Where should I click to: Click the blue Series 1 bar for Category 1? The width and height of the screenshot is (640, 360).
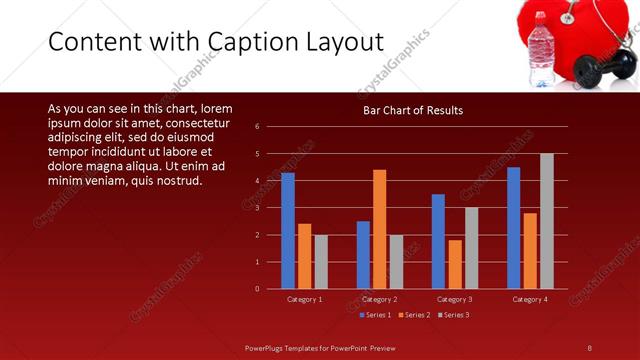[288, 231]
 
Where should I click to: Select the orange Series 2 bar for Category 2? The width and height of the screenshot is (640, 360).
[379, 229]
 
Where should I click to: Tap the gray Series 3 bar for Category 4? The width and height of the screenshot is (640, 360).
[546, 221]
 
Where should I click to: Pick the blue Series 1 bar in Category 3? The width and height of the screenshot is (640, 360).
[438, 241]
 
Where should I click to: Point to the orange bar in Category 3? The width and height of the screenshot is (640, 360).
[455, 264]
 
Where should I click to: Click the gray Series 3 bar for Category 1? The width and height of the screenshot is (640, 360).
[320, 262]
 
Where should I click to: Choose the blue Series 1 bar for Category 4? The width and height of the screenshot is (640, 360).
[513, 228]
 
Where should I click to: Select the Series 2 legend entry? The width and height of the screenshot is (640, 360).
[415, 315]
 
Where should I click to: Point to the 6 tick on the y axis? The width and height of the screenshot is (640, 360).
[257, 127]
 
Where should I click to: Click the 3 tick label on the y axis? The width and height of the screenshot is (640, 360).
[257, 208]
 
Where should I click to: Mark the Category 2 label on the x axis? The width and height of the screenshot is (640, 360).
[379, 299]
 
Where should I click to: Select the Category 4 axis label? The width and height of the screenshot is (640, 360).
[529, 299]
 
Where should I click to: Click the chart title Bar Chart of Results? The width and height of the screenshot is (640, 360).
[412, 110]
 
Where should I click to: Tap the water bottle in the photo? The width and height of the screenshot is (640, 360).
[541, 50]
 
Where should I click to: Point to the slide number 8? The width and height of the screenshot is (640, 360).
[590, 347]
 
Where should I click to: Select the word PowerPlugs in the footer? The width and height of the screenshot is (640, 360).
[269, 347]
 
